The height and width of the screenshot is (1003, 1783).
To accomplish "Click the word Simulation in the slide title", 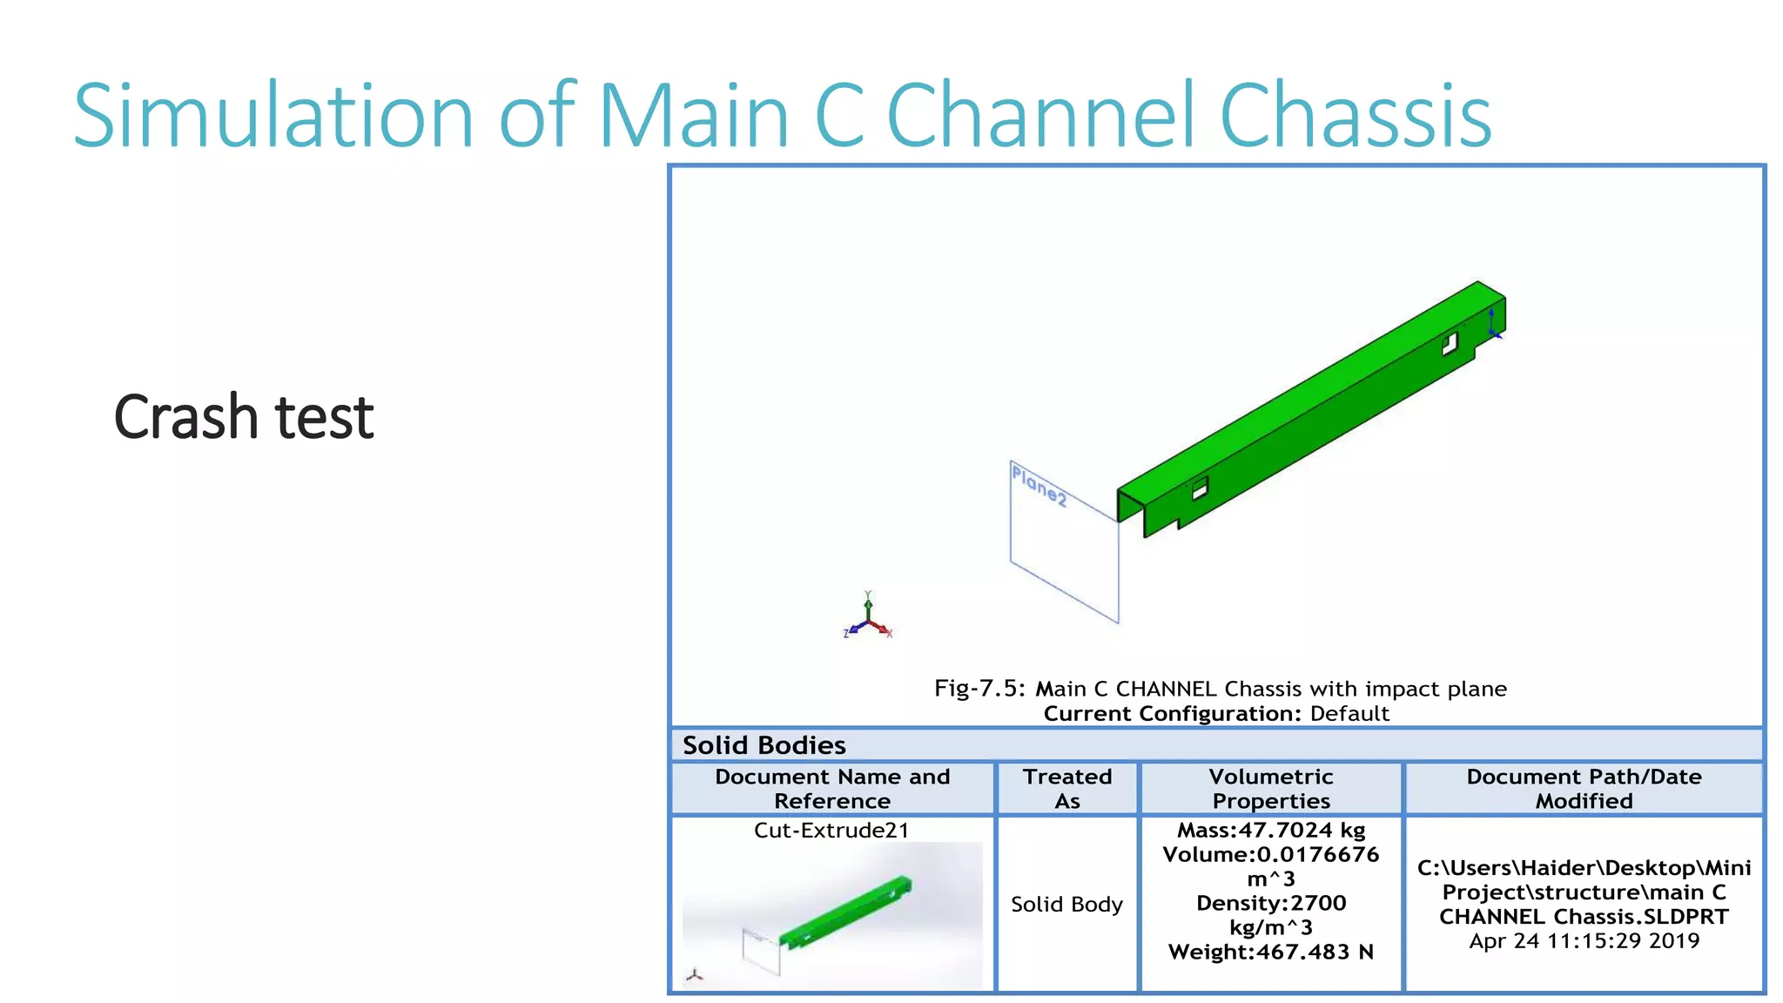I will click(273, 116).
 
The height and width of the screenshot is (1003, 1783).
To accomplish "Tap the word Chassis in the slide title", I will click(1355, 116).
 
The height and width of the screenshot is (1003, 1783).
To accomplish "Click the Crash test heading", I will click(244, 417).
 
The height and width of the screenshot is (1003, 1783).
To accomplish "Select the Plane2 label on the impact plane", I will click(1039, 485).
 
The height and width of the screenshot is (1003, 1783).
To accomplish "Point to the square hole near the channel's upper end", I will click(1450, 344).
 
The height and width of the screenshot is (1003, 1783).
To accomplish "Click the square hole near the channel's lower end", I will click(1200, 489).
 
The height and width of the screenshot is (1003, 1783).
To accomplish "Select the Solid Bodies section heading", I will click(764, 745).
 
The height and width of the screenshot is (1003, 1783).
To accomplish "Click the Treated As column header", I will click(1067, 789).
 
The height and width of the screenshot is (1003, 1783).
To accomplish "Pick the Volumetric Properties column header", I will click(1271, 789).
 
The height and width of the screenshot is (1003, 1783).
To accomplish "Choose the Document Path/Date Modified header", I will click(1584, 789).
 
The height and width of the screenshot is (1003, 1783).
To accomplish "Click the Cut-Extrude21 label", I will click(831, 831).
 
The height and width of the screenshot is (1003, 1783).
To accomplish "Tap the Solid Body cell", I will click(1066, 905).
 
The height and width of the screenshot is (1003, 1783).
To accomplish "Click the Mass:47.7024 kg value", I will click(1271, 831).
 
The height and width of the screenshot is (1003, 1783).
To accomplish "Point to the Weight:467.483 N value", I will click(1271, 953).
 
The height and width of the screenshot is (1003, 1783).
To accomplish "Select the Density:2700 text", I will click(1271, 904).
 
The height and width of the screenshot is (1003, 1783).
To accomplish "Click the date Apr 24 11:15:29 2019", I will click(1584, 941).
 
